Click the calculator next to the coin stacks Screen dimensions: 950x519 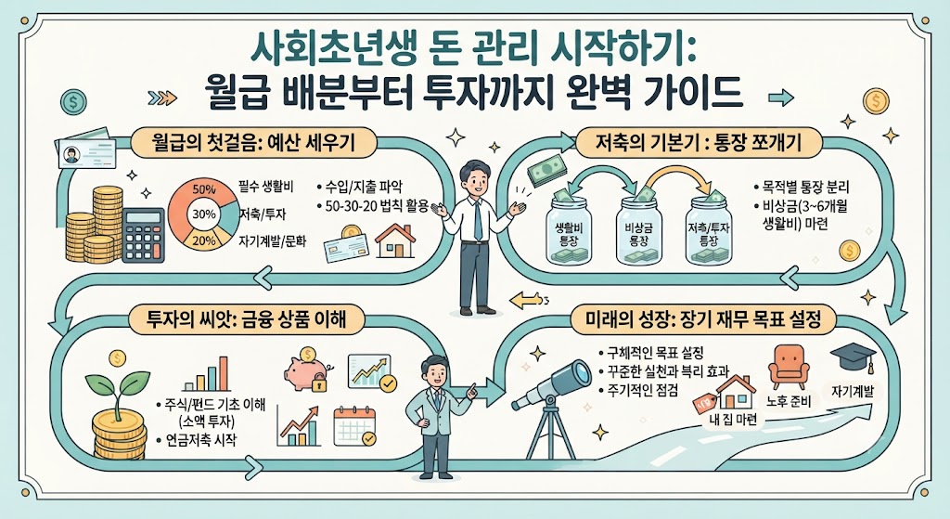tap(143, 235)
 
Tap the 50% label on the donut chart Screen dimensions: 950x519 tap(203, 189)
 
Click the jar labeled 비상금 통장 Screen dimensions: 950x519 tap(638, 229)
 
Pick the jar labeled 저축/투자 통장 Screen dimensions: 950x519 tap(708, 229)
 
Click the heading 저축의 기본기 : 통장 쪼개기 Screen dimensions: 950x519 tap(698, 144)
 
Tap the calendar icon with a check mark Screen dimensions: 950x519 tap(354, 426)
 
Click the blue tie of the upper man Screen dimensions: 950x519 tap(478, 219)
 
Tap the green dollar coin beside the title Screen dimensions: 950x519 tap(73, 102)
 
